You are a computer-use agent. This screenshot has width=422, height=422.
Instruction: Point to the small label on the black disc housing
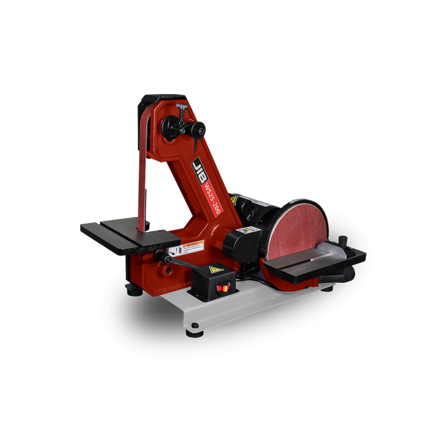(x=243, y=230)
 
